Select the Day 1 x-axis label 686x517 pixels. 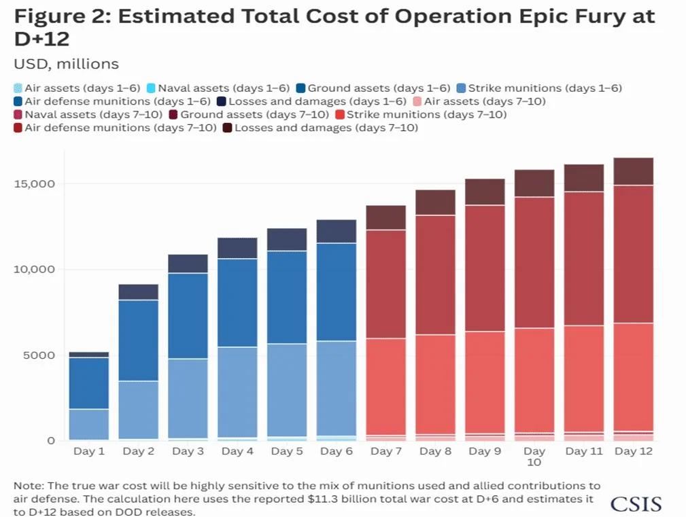pos(88,451)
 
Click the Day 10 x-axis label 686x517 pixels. pos(534,457)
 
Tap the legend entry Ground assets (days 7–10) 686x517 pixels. pos(254,114)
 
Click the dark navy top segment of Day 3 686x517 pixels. pos(188,264)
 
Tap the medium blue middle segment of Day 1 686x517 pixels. pos(88,383)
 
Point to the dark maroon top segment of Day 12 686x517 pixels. pos(632,171)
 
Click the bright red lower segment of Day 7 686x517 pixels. pos(386,386)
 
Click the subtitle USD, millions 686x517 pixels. pos(66,64)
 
